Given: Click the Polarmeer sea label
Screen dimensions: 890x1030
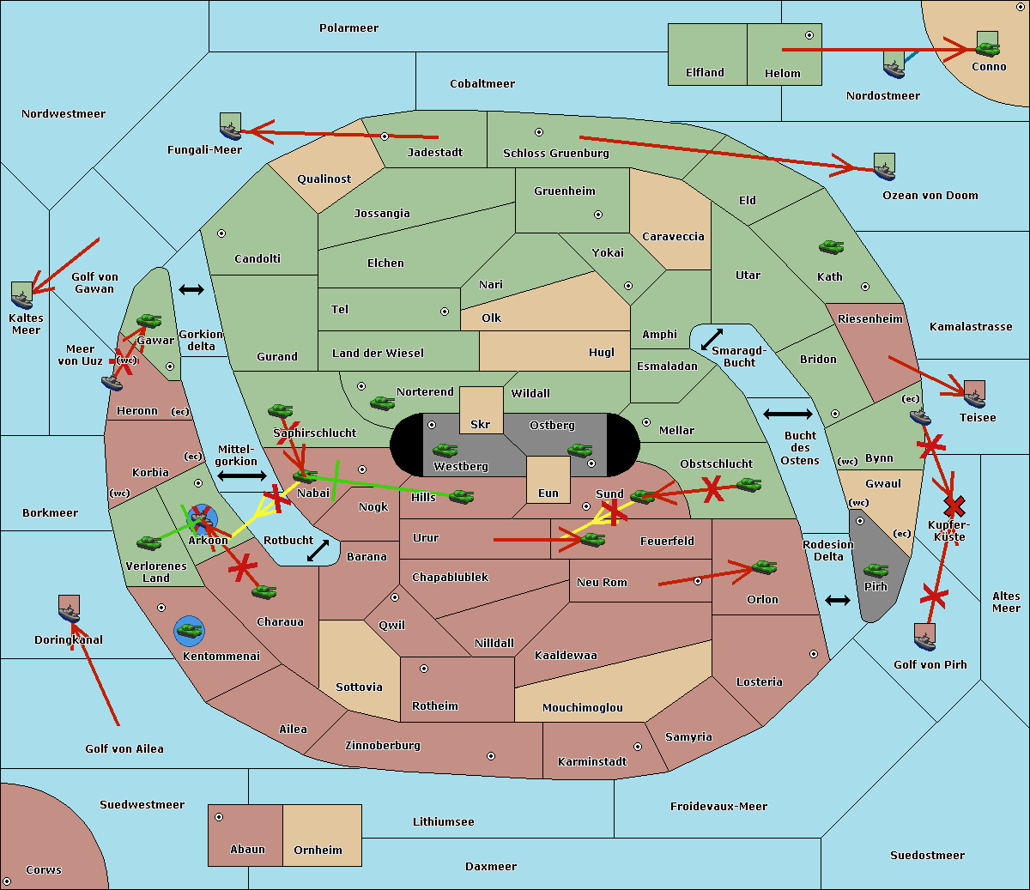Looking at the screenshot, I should [348, 28].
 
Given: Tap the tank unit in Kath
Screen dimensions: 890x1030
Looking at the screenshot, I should [831, 247].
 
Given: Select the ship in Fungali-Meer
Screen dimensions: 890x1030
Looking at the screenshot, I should [230, 127].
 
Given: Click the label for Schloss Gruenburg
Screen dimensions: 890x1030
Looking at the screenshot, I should [555, 154].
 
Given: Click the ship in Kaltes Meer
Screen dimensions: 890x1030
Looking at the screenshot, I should [21, 296].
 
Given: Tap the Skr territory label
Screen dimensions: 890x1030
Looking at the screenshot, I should [480, 425].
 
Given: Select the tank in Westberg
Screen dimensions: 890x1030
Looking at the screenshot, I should [445, 450].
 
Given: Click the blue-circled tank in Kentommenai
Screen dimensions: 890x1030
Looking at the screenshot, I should [189, 631].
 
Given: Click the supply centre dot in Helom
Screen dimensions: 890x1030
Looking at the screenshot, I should [809, 35].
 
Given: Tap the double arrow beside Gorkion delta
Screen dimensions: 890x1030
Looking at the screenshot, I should [191, 289].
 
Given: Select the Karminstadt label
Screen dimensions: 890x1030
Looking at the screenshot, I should [591, 762].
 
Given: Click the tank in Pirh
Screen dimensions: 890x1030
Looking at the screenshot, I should [875, 571].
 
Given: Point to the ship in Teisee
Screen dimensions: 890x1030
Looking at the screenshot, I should [974, 394].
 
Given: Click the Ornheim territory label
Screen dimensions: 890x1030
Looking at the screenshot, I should [318, 851].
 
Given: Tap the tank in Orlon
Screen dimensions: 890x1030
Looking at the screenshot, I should [763, 567].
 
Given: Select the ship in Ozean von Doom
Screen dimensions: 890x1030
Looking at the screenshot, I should [884, 167].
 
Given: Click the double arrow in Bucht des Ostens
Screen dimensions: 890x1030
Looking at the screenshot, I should [787, 415].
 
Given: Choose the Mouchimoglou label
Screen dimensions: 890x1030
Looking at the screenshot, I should [582, 708].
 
